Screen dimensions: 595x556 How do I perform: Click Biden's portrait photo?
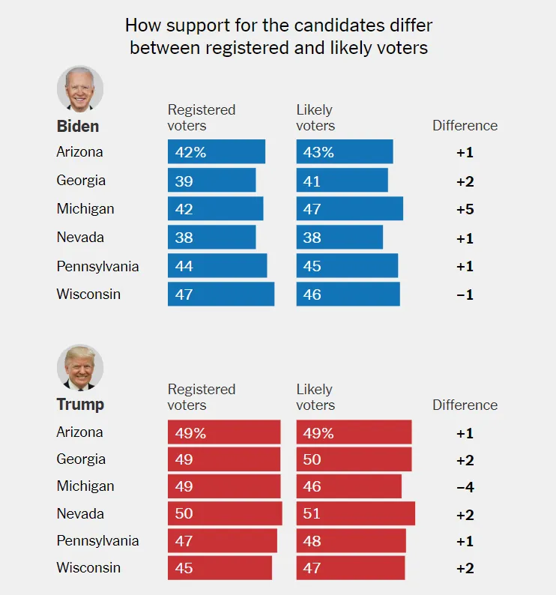click(x=79, y=89)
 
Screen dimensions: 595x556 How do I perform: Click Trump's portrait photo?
click(x=79, y=367)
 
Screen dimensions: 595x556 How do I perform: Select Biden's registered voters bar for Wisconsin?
click(x=221, y=295)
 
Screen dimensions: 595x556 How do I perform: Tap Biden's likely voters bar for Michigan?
click(x=349, y=209)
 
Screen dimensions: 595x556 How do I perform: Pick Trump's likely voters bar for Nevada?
click(x=355, y=513)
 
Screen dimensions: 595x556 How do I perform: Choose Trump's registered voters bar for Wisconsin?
click(x=220, y=568)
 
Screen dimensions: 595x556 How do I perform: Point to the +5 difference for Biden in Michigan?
click(x=465, y=209)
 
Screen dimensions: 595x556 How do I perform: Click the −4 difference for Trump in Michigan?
click(x=465, y=487)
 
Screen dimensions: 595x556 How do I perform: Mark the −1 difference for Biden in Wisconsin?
click(x=465, y=295)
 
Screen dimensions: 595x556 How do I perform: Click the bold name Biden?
click(x=78, y=126)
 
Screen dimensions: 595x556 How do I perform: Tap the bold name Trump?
click(x=80, y=405)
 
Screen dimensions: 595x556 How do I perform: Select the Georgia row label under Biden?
click(x=81, y=181)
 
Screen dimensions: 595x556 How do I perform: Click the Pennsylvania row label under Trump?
click(x=97, y=540)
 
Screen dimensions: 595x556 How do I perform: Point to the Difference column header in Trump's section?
click(x=465, y=405)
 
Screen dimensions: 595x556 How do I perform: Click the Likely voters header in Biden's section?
click(x=315, y=118)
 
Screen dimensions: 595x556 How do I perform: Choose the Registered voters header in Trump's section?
click(x=202, y=397)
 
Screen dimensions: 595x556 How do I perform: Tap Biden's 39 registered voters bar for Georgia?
click(x=211, y=181)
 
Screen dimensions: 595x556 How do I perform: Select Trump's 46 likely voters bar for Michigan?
click(x=348, y=486)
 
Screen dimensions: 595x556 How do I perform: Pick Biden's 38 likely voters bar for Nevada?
click(x=339, y=238)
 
